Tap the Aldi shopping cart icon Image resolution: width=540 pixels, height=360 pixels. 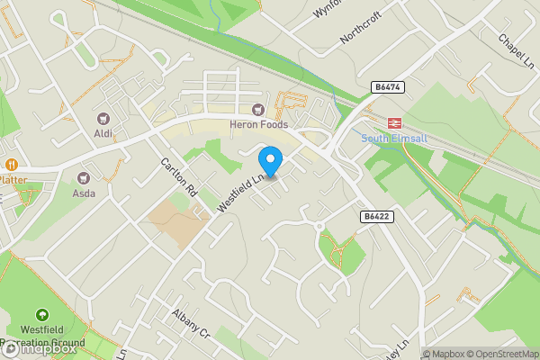[x=102, y=118]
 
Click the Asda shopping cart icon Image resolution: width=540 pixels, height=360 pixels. [x=84, y=178]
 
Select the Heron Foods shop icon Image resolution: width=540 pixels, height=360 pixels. [x=259, y=110]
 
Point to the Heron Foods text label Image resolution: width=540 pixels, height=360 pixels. [x=259, y=125]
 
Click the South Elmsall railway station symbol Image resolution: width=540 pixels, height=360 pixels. [x=393, y=121]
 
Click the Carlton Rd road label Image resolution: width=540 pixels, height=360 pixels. [x=178, y=177]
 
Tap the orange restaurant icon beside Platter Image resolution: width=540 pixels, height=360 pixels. [x=11, y=165]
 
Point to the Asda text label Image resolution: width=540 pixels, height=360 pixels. [x=84, y=193]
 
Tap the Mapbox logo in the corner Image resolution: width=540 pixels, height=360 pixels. [x=38, y=348]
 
